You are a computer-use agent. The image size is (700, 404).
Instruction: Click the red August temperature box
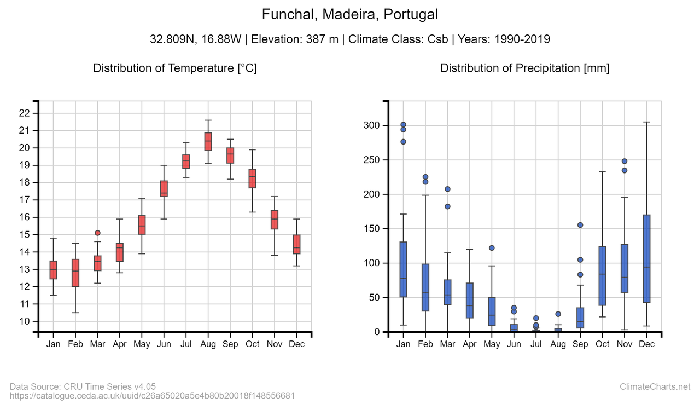click(208, 141)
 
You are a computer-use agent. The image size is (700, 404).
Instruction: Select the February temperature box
click(75, 273)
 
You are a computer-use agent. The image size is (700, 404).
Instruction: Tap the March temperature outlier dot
click(97, 233)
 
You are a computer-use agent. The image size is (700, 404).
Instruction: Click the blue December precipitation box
click(646, 258)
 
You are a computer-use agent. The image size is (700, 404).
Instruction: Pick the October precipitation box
click(602, 276)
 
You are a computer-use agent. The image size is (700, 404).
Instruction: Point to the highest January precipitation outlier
click(403, 124)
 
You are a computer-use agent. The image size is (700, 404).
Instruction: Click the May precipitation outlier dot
click(492, 248)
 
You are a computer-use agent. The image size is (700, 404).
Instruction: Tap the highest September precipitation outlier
click(580, 225)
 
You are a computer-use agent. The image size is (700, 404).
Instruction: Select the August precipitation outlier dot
click(558, 314)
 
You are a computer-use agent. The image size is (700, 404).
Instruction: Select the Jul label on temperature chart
click(186, 344)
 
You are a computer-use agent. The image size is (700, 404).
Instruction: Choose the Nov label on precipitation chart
click(624, 344)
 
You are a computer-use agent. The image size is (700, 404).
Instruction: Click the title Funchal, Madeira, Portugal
click(350, 14)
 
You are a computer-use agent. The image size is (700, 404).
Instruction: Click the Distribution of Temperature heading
click(175, 68)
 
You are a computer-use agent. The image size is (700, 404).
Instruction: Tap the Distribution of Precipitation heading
click(524, 68)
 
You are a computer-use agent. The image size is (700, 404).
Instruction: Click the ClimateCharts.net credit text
click(655, 387)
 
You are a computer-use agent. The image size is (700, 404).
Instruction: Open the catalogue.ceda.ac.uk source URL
click(153, 395)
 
